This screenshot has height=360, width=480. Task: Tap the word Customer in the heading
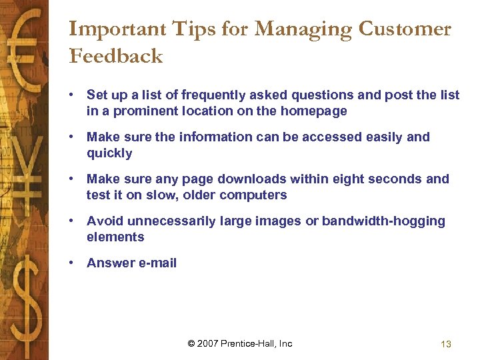(x=405, y=29)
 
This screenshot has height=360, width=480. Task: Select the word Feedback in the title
(x=116, y=56)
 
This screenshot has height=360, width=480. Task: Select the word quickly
(x=109, y=153)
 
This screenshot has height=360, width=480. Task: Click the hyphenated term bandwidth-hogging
(x=383, y=221)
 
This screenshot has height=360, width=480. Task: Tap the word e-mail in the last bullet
(x=157, y=263)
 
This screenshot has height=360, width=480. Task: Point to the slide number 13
(x=446, y=344)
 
